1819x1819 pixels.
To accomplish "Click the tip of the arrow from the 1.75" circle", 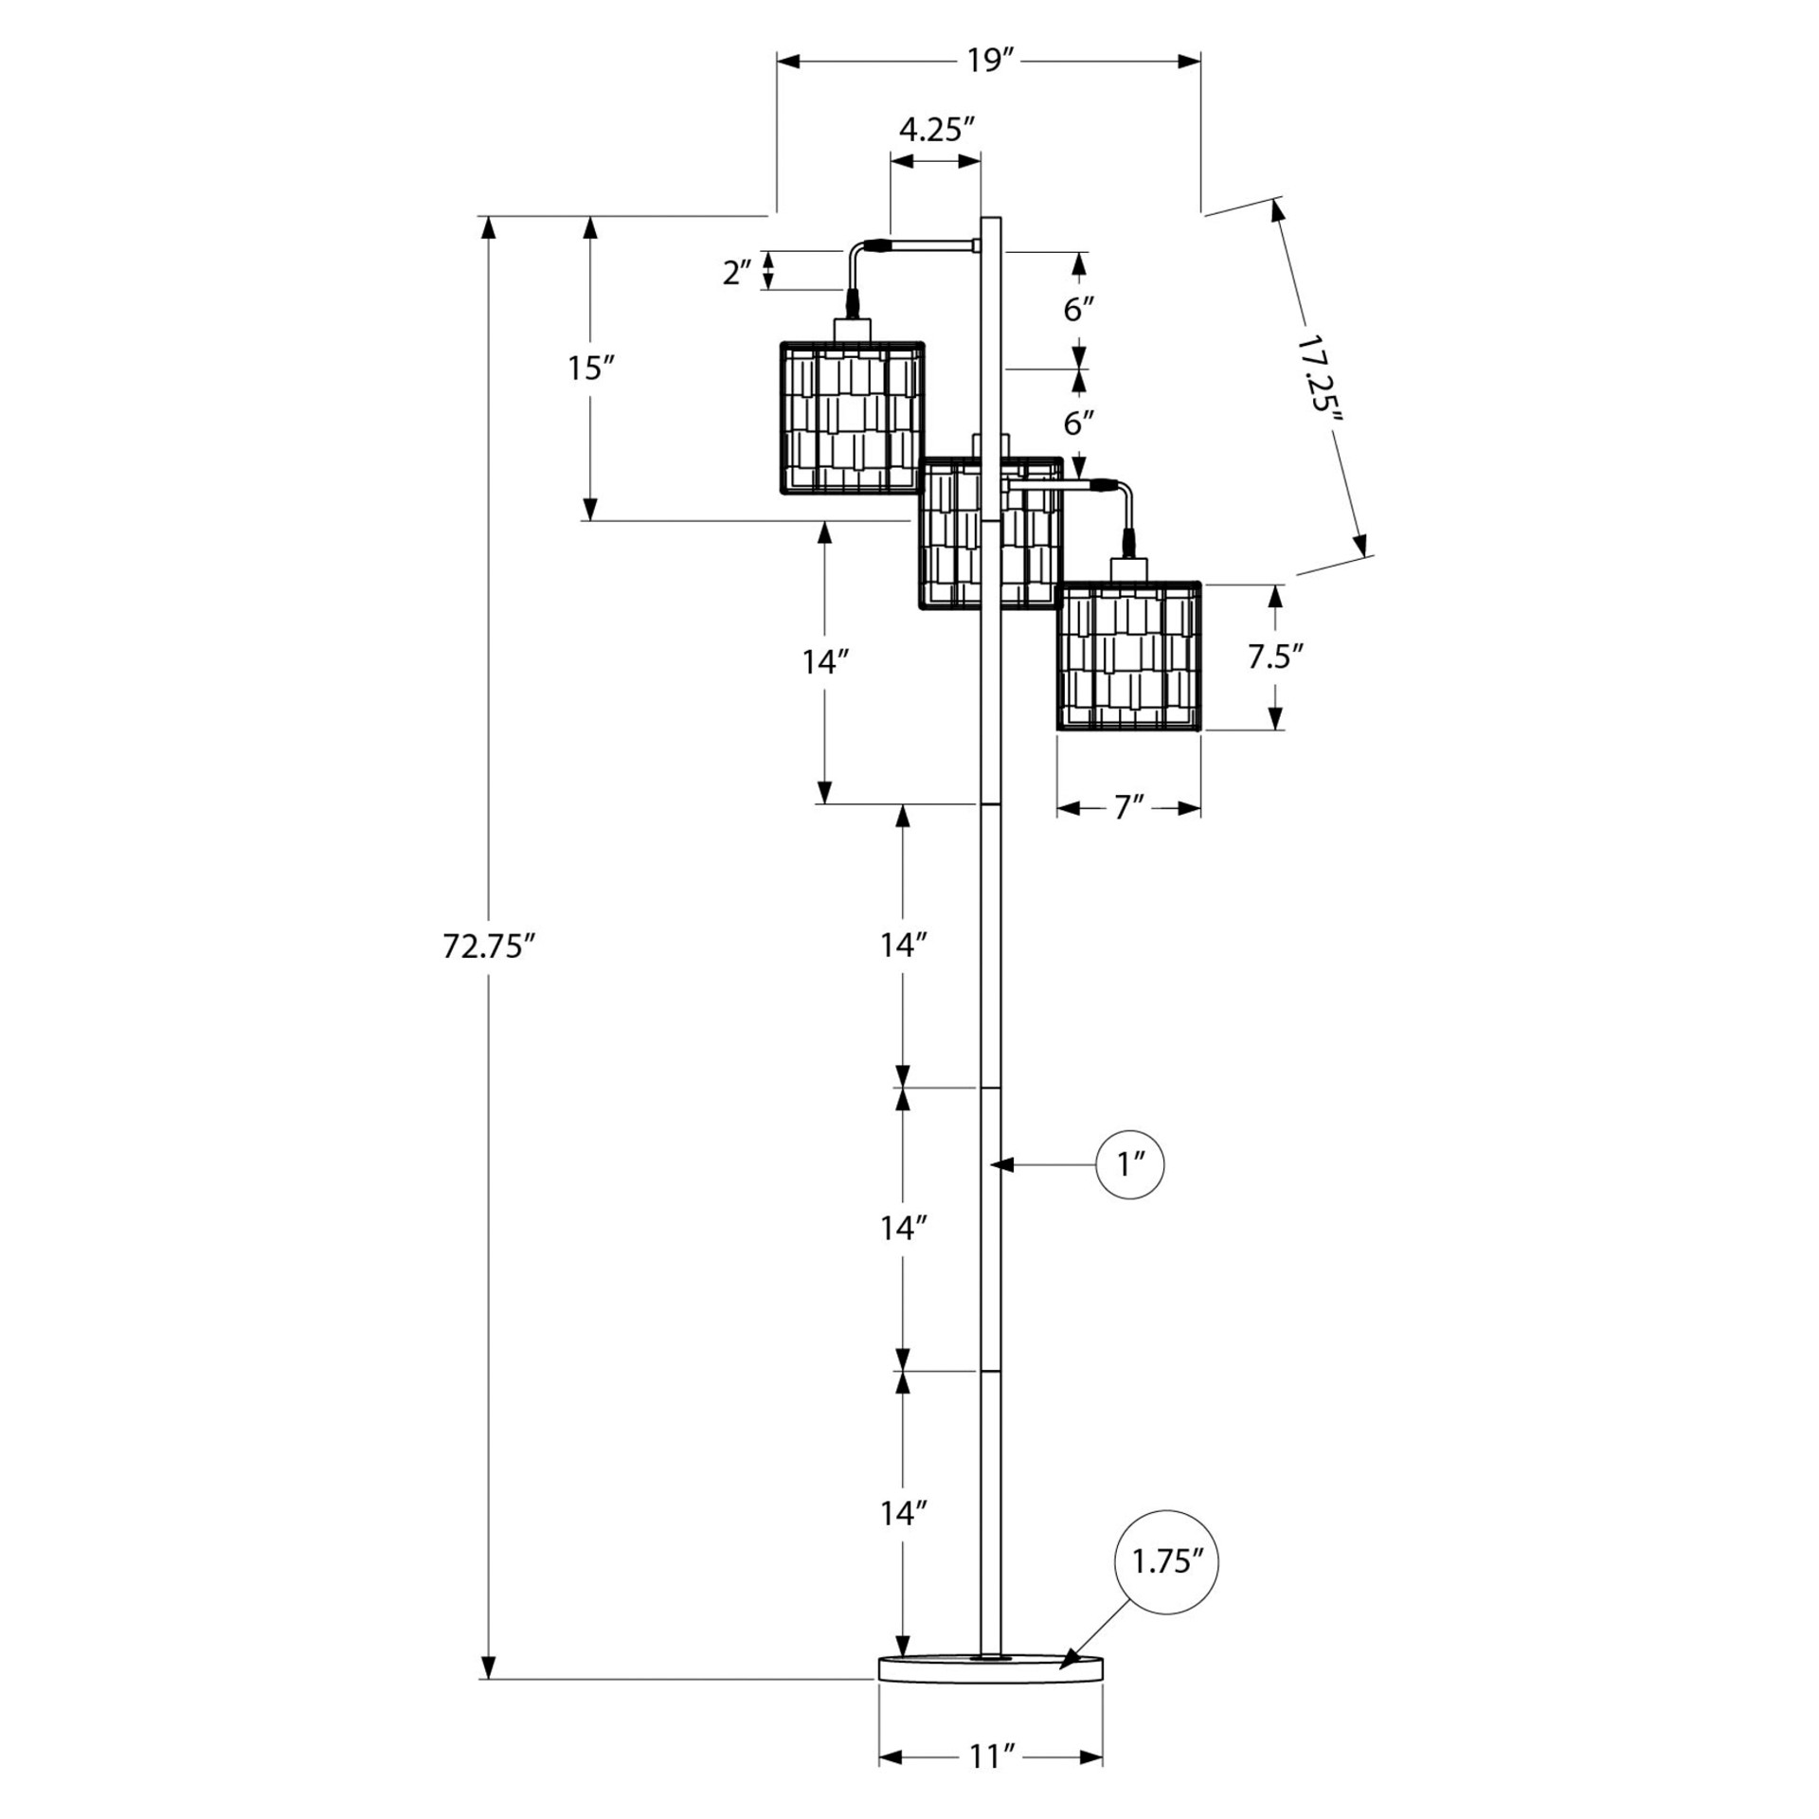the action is [1060, 1693].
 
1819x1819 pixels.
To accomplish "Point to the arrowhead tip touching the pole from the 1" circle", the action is [990, 1163].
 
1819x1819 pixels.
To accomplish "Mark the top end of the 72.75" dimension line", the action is [488, 217].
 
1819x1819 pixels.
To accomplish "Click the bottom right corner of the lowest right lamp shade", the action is [1201, 729].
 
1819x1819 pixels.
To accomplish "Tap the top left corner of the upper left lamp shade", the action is [780, 342].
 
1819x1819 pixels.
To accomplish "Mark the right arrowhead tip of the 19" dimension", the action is [1201, 62].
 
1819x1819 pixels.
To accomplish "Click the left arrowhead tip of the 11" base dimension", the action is [879, 1758].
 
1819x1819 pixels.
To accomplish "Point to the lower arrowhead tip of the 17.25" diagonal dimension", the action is [1365, 555].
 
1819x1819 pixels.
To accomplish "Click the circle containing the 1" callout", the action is [1129, 1163].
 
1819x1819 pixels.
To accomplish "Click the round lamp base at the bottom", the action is [991, 1694].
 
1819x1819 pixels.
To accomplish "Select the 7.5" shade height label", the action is [1276, 657].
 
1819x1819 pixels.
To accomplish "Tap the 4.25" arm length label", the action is [937, 130].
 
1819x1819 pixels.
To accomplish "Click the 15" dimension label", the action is [591, 368].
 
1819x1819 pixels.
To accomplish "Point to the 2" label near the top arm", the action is [736, 273].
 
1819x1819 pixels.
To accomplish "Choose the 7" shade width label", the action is [1128, 808].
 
